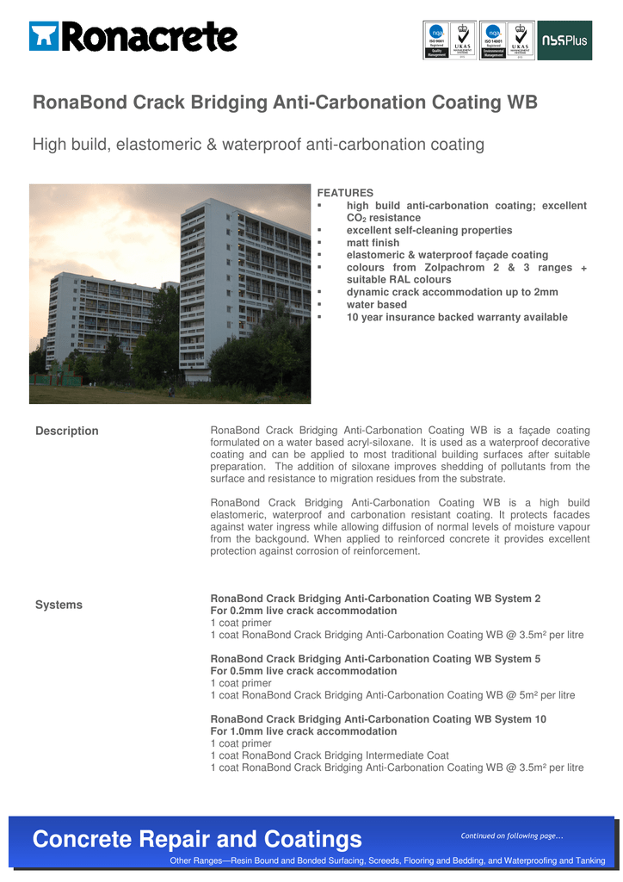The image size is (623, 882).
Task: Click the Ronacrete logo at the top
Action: (x=133, y=37)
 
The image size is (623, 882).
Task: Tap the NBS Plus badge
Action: (x=564, y=40)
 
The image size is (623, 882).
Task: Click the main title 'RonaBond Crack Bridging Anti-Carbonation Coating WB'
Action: (x=285, y=103)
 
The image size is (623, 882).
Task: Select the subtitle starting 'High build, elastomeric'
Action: (x=258, y=145)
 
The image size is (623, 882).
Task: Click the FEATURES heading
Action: (x=345, y=193)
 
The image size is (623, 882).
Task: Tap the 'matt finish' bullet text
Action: (x=373, y=243)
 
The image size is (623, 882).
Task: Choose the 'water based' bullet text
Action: (x=376, y=305)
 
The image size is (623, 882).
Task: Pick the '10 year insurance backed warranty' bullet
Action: (x=456, y=317)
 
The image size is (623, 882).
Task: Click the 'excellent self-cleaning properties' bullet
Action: (x=429, y=231)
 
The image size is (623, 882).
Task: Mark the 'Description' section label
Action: (x=66, y=431)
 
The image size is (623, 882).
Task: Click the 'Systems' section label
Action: (x=59, y=605)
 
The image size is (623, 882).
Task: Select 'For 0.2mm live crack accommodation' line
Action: (x=303, y=611)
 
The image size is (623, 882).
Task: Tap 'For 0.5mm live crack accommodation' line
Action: (x=303, y=671)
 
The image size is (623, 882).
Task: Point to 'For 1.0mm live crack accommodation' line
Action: (x=303, y=731)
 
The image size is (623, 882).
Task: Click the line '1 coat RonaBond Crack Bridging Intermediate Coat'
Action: (x=330, y=755)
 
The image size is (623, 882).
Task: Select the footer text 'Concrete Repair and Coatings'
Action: (x=197, y=839)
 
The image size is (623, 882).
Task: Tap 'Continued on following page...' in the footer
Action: (x=512, y=836)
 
